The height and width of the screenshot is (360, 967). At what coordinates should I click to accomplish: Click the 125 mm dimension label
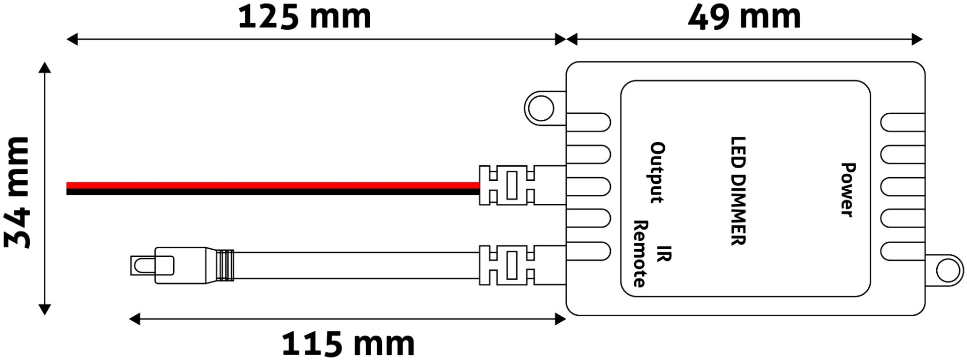pyautogui.click(x=304, y=17)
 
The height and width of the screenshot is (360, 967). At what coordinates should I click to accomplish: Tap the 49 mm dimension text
pyautogui.click(x=744, y=17)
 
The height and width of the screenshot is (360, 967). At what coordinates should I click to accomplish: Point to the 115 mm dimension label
pyautogui.click(x=348, y=344)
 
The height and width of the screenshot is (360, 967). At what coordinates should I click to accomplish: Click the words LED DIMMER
pyautogui.click(x=738, y=191)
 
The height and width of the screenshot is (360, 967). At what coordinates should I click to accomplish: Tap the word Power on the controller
pyautogui.click(x=848, y=190)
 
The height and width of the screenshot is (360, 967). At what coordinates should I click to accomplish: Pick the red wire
pyautogui.click(x=272, y=185)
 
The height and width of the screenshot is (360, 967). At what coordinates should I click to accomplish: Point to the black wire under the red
pyautogui.click(x=272, y=192)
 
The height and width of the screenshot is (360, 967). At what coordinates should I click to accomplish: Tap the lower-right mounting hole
pyautogui.click(x=949, y=271)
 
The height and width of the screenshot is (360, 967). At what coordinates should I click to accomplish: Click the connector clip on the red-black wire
pyautogui.click(x=512, y=185)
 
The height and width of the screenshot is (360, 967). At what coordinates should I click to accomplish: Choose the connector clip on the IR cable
pyautogui.click(x=512, y=265)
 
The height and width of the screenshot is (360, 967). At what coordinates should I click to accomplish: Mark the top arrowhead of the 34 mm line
pyautogui.click(x=45, y=68)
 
